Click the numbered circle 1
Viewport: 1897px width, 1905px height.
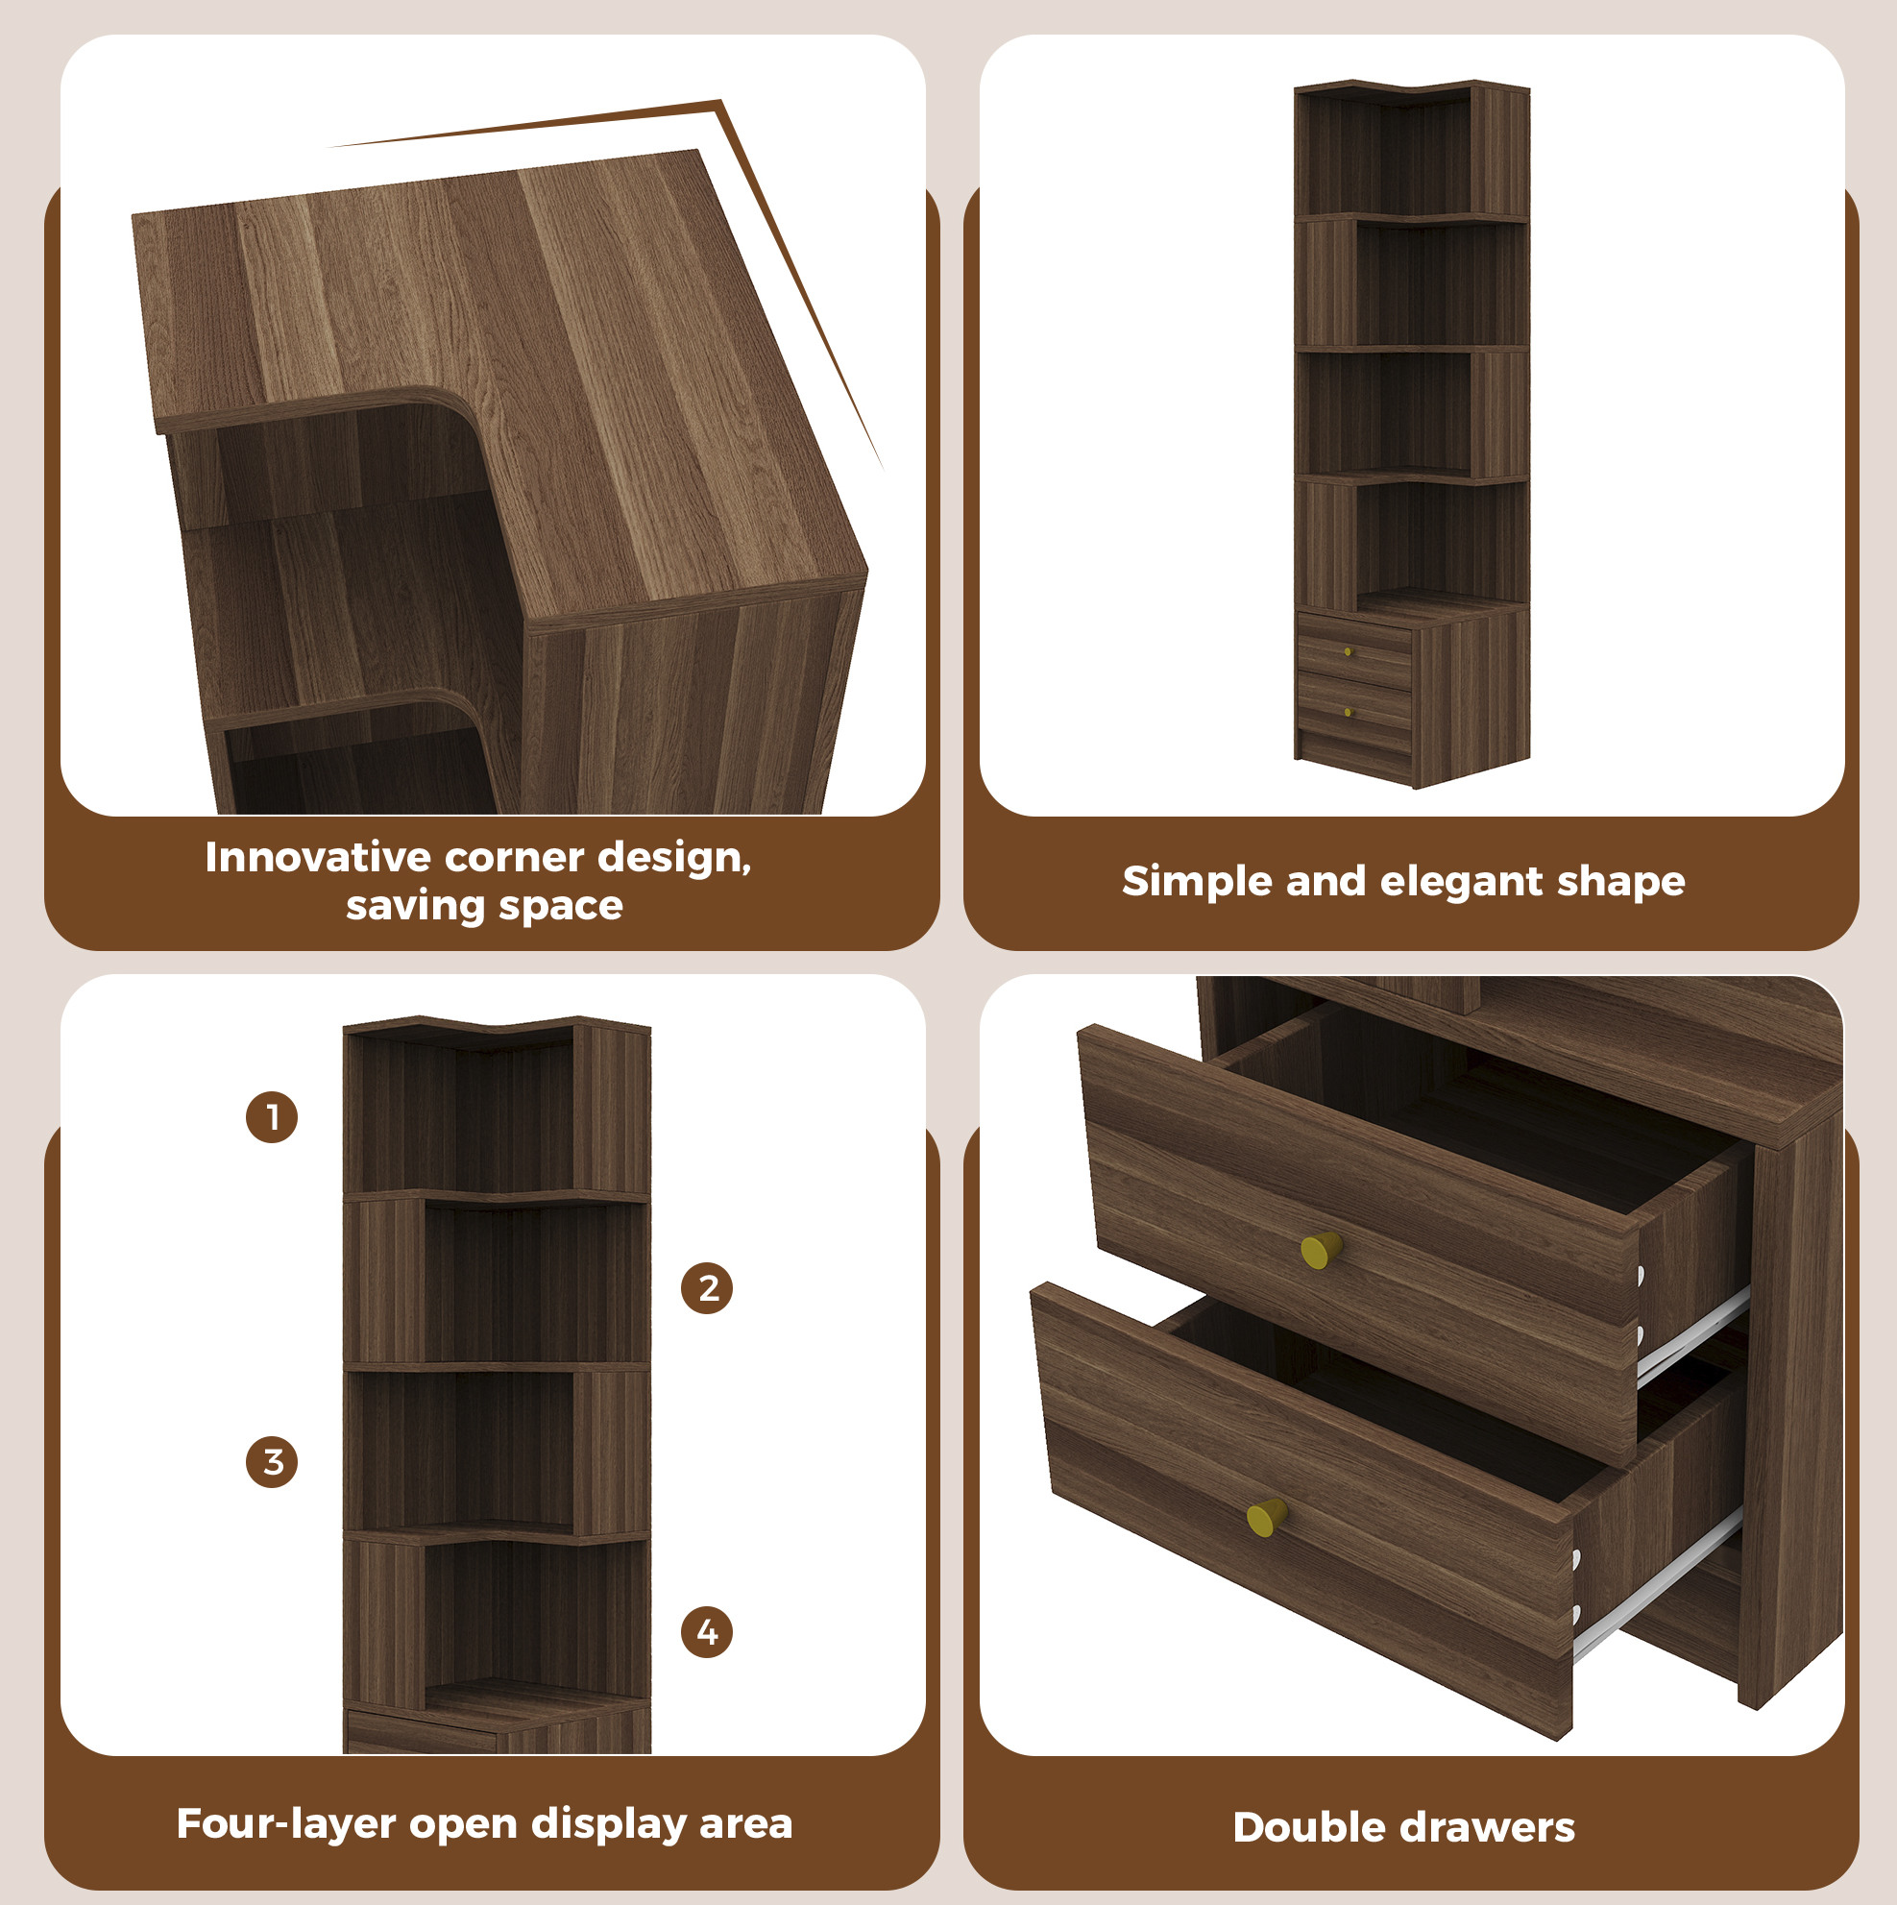coord(271,1117)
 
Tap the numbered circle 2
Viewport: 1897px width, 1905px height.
coord(707,1287)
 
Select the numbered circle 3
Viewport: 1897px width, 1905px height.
coord(271,1461)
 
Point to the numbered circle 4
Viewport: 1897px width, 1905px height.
coord(707,1632)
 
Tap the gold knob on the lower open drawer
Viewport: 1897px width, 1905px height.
coord(1267,1517)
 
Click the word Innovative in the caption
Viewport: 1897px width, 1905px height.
coord(317,857)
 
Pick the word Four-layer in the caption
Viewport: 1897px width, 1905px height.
coord(286,1824)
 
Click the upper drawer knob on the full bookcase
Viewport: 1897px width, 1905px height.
coord(1348,651)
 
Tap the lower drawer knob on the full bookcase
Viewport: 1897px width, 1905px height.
coord(1348,712)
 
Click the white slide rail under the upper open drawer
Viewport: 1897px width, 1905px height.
coord(1693,1332)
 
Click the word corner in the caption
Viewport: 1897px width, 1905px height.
coord(513,858)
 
